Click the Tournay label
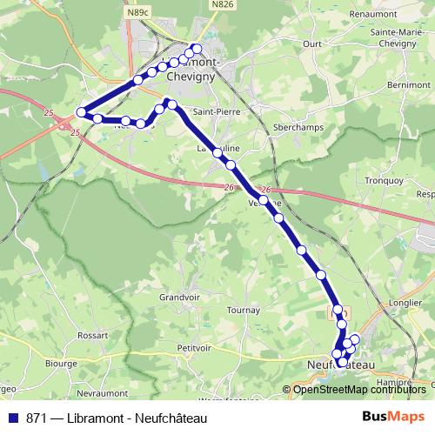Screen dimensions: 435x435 click(x=243, y=310)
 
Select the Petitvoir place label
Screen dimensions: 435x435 click(x=194, y=346)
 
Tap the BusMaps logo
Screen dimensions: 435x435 click(x=394, y=418)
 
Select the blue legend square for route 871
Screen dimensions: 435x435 click(x=14, y=418)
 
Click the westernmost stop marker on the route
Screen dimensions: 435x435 click(x=82, y=111)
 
